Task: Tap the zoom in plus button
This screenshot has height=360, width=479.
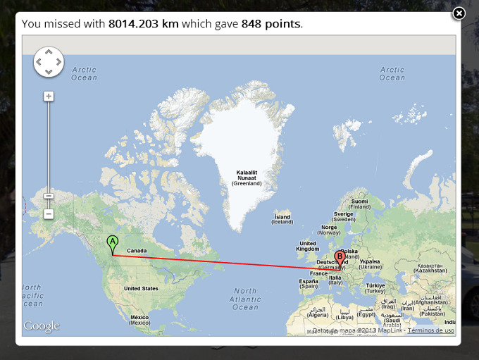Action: click(49, 96)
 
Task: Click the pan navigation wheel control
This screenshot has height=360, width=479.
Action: click(49, 62)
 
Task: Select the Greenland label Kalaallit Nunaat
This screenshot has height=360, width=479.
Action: click(247, 178)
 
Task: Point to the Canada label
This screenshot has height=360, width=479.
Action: click(137, 251)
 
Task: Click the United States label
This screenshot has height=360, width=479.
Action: click(141, 289)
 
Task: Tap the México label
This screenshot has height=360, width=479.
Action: click(139, 320)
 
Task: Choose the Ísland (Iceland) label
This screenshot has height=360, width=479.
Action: click(282, 219)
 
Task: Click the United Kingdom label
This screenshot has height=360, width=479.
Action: click(308, 246)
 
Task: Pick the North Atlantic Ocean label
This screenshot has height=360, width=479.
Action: click(246, 299)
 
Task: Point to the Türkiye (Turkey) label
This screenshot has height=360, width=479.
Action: click(375, 288)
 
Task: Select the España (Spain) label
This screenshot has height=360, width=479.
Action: click(309, 284)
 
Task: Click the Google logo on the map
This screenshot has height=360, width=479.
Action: click(42, 326)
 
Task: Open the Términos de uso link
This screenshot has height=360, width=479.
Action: click(430, 330)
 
